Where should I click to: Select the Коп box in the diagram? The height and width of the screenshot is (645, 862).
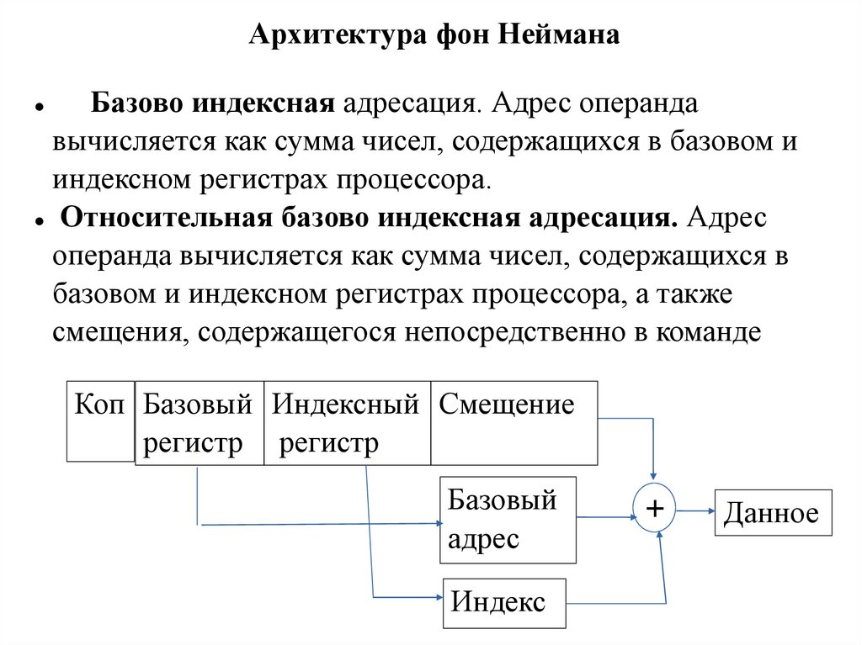100,420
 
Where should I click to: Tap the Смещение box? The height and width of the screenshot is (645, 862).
513,422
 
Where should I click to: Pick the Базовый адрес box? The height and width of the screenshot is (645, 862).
508,520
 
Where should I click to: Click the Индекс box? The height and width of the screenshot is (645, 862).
504,603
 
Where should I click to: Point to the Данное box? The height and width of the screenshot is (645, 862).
773,512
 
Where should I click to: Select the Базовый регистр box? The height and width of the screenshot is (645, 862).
199,424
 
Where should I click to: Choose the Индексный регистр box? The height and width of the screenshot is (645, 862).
347,424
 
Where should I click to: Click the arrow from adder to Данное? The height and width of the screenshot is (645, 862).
695,510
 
